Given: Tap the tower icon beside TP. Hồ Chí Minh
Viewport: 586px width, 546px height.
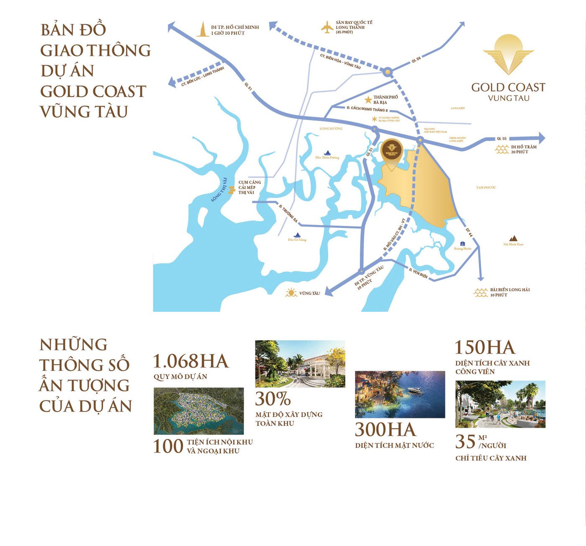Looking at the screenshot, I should click(203, 29).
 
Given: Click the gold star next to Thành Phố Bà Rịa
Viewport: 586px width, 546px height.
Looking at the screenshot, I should click(368, 100).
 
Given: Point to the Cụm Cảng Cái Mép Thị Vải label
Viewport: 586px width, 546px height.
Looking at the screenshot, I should click(249, 187).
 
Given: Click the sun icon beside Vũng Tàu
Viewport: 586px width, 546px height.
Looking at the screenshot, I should click(291, 293).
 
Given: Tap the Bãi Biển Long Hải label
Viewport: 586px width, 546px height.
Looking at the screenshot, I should click(510, 292).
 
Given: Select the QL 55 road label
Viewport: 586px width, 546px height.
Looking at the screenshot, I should click(501, 139).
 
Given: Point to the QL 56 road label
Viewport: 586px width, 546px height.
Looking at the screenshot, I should click(416, 60).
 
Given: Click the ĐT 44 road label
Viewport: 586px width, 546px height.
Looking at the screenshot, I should click(469, 233).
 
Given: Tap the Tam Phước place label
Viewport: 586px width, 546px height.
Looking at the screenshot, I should click(486, 187).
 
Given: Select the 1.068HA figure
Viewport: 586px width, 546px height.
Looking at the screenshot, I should click(190, 361).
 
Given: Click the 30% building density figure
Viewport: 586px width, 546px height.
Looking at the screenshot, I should click(273, 399).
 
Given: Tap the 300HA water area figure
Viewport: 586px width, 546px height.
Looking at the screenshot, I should click(386, 430).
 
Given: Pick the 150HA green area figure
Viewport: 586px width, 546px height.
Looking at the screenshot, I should click(485, 348).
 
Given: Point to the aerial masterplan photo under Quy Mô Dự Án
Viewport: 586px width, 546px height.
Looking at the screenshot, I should click(199, 411).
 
